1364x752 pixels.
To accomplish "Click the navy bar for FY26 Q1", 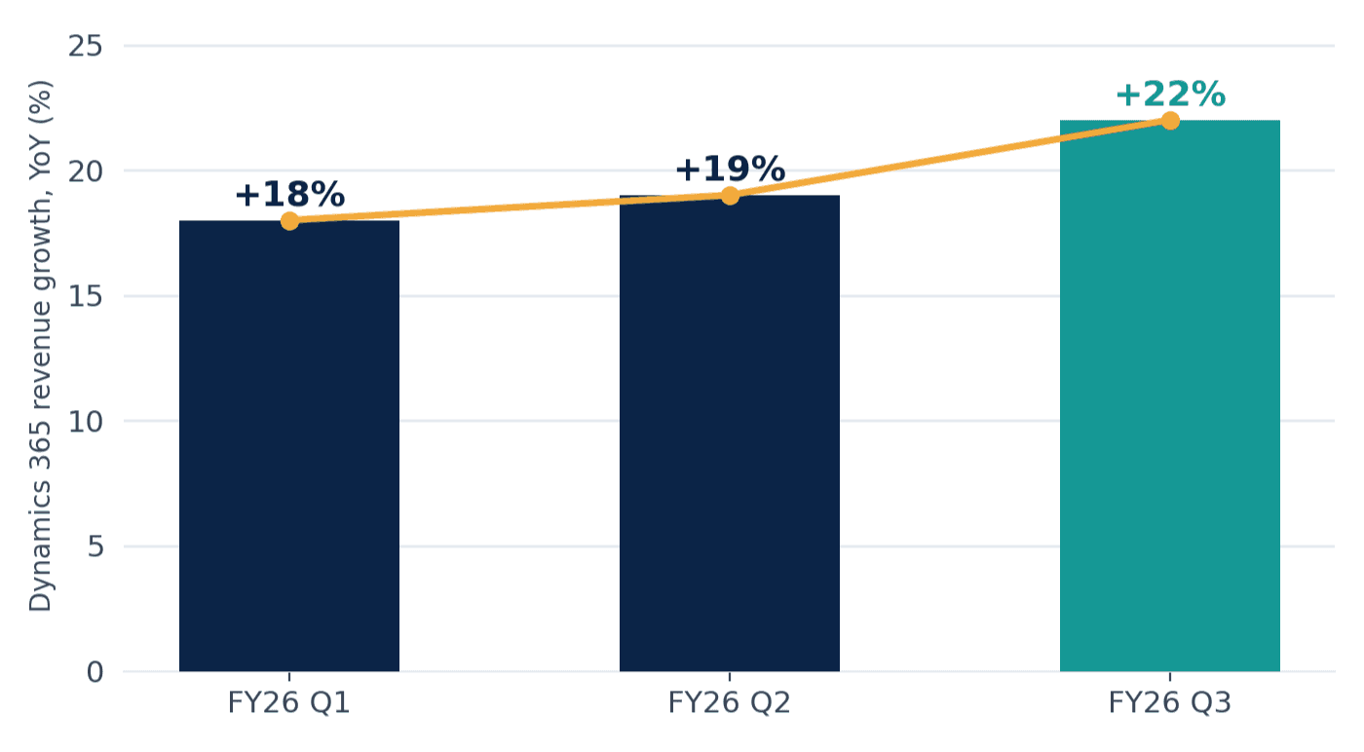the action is click(289, 446).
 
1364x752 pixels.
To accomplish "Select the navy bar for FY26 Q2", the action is click(730, 432).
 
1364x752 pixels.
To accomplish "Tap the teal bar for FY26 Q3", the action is click(1170, 395).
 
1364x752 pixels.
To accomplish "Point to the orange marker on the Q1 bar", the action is click(290, 220).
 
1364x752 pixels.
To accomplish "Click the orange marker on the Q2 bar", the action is click(730, 196).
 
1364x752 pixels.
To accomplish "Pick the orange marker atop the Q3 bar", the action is click(1170, 121).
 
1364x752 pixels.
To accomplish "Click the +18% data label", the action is click(290, 194).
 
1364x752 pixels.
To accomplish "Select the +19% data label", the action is click(730, 169).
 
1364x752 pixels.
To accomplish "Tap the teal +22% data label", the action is click(1170, 94).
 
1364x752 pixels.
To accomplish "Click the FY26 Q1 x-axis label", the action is click(288, 702).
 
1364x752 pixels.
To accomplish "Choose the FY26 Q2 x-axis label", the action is click(729, 702).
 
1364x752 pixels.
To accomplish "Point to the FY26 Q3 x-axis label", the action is click(1169, 702).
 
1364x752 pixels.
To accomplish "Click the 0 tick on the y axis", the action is click(95, 672).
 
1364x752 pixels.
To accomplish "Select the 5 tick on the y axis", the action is click(95, 546).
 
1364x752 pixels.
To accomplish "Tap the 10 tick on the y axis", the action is click(86, 422).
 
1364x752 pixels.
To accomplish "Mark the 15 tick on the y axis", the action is click(86, 296).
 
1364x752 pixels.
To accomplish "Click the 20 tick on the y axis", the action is click(86, 171).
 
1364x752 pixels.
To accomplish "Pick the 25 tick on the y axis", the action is click(86, 47).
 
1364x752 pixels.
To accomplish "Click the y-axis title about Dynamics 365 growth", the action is click(41, 346).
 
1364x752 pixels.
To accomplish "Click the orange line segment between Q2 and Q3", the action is click(950, 158).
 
